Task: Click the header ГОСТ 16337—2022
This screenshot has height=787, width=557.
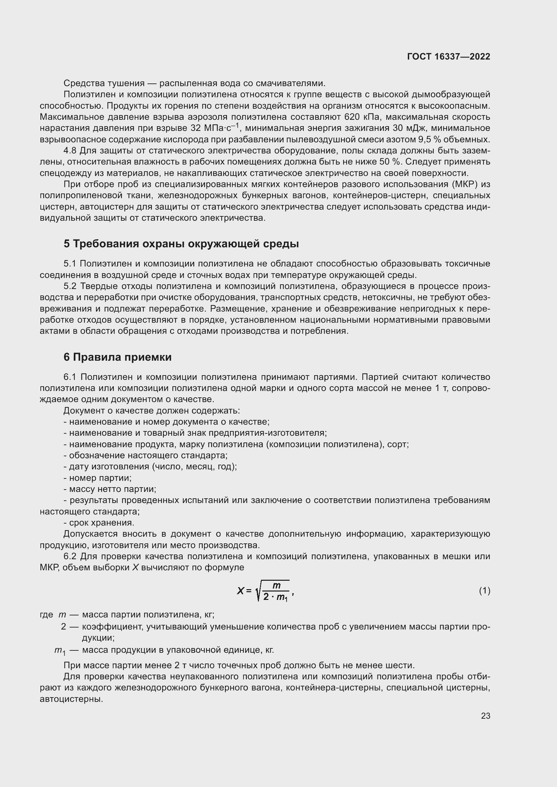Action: (x=448, y=57)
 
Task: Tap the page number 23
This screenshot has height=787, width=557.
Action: (x=485, y=716)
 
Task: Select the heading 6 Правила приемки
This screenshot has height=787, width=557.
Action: (x=117, y=357)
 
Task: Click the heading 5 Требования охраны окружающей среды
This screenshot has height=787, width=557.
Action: (x=181, y=244)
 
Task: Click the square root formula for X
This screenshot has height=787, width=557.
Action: (x=266, y=591)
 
